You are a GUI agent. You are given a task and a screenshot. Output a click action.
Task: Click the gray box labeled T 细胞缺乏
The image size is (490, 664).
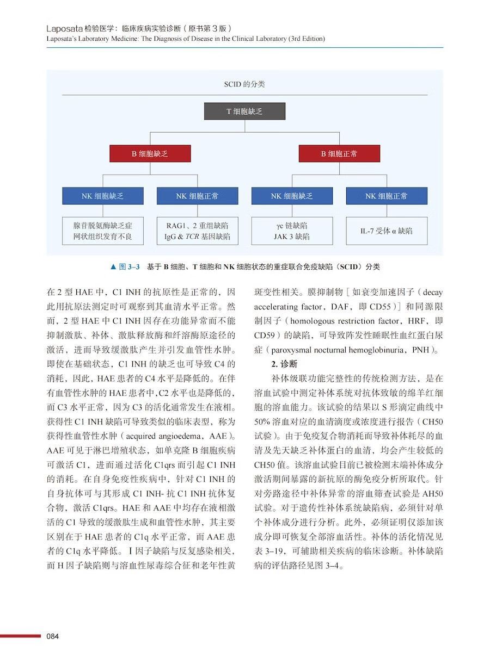pos(244,111)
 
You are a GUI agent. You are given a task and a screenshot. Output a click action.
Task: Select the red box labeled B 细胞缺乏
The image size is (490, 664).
pos(150,154)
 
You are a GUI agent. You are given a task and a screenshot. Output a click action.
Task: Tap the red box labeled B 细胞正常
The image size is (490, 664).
pos(339,154)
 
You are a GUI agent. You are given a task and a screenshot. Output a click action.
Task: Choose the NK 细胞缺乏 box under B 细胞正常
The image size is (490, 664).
pos(292,196)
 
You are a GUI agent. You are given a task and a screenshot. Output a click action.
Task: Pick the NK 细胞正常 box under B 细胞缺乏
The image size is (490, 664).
pos(197,196)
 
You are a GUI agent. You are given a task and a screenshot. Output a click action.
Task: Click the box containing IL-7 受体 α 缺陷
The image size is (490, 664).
pos(387,231)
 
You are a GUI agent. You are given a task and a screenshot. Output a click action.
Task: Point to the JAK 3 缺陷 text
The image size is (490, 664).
pos(292,237)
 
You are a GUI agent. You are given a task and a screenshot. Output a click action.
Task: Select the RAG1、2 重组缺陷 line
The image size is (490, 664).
pos(197,225)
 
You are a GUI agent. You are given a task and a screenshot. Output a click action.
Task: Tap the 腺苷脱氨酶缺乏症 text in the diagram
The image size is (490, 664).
pos(103,225)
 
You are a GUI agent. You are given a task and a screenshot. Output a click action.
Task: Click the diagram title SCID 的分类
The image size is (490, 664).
pos(244,84)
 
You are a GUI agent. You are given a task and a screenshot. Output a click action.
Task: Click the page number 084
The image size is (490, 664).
pos(53,636)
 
